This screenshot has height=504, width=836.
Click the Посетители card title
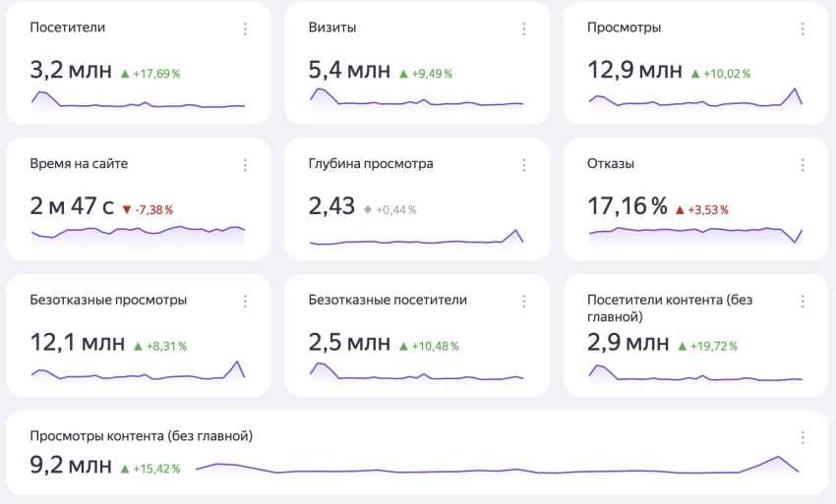(67, 28)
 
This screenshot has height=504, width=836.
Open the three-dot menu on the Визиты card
(523, 28)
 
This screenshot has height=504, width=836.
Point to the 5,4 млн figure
(349, 72)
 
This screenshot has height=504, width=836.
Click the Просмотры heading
(624, 28)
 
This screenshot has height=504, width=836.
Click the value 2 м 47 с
(72, 207)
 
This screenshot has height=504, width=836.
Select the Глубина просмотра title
(371, 163)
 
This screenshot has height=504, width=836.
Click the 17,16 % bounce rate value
(627, 207)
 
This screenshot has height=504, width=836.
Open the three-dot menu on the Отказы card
(802, 165)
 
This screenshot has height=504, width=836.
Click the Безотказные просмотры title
(108, 300)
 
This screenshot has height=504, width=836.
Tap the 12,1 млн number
(78, 343)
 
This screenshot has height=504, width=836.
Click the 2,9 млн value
(628, 343)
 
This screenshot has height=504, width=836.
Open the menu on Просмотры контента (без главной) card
(802, 437)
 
